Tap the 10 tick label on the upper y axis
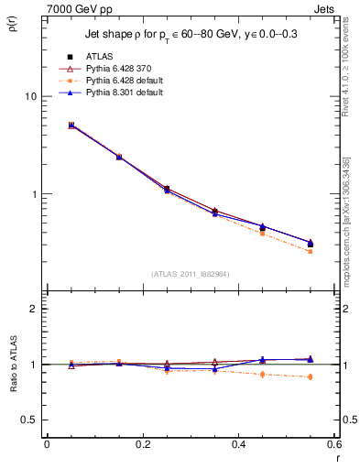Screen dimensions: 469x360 30,96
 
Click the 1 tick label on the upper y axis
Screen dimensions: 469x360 34,194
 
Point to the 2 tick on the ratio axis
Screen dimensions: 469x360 34,309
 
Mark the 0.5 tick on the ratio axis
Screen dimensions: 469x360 29,420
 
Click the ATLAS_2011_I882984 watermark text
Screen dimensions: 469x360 191,273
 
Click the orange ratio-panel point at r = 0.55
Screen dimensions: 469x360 310,376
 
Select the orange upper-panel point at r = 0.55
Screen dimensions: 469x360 310,251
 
